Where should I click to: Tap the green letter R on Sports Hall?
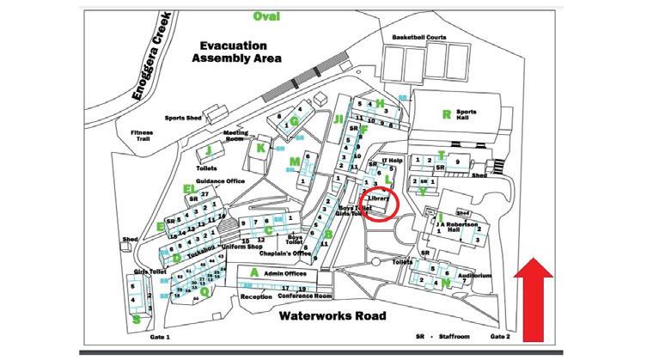[446, 114]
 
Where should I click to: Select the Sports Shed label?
[182, 117]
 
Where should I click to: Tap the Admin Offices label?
[284, 273]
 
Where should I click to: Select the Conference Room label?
[305, 296]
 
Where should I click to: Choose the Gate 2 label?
[501, 338]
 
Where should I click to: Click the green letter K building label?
[261, 147]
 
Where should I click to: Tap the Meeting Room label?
[236, 137]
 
